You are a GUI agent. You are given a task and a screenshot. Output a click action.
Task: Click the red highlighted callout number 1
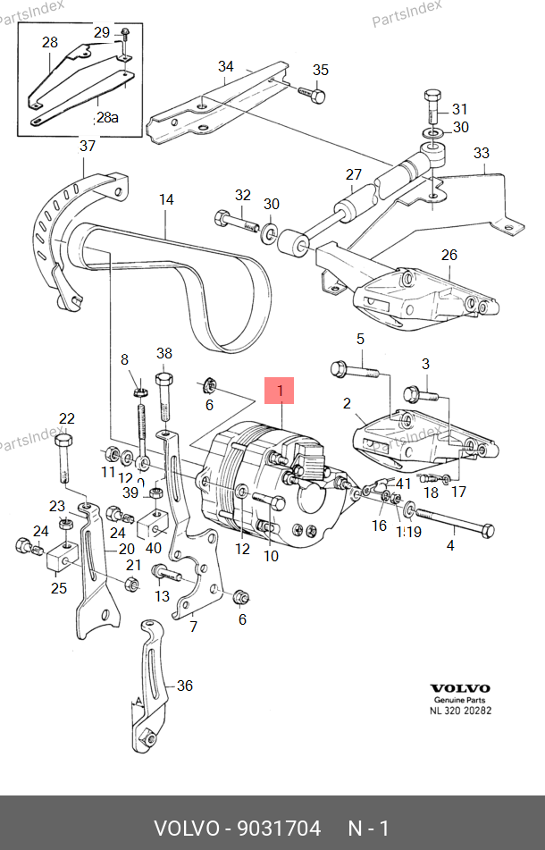280,391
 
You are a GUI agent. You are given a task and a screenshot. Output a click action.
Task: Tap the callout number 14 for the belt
167,200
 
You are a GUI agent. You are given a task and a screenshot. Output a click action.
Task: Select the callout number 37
88,147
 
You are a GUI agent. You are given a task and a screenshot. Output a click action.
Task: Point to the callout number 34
226,67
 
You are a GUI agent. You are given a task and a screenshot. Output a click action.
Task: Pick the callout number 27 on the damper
354,175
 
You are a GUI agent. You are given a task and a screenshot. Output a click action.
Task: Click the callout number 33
482,153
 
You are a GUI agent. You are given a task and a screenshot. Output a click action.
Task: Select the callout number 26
449,255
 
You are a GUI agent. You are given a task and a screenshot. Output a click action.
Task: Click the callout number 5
361,339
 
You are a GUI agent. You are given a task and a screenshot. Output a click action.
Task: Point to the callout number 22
67,418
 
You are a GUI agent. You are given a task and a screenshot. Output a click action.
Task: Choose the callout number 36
184,686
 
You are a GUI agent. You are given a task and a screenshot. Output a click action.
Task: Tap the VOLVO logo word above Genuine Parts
461,688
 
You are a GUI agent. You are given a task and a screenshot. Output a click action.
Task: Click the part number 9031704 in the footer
278,829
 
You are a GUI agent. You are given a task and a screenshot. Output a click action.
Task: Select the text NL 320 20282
461,711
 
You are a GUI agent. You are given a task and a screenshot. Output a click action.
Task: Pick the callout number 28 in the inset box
49,42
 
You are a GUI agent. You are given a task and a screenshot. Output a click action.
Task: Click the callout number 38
163,353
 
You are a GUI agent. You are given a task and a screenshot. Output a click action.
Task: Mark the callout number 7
193,627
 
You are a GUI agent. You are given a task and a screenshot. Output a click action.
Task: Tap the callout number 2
348,404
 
